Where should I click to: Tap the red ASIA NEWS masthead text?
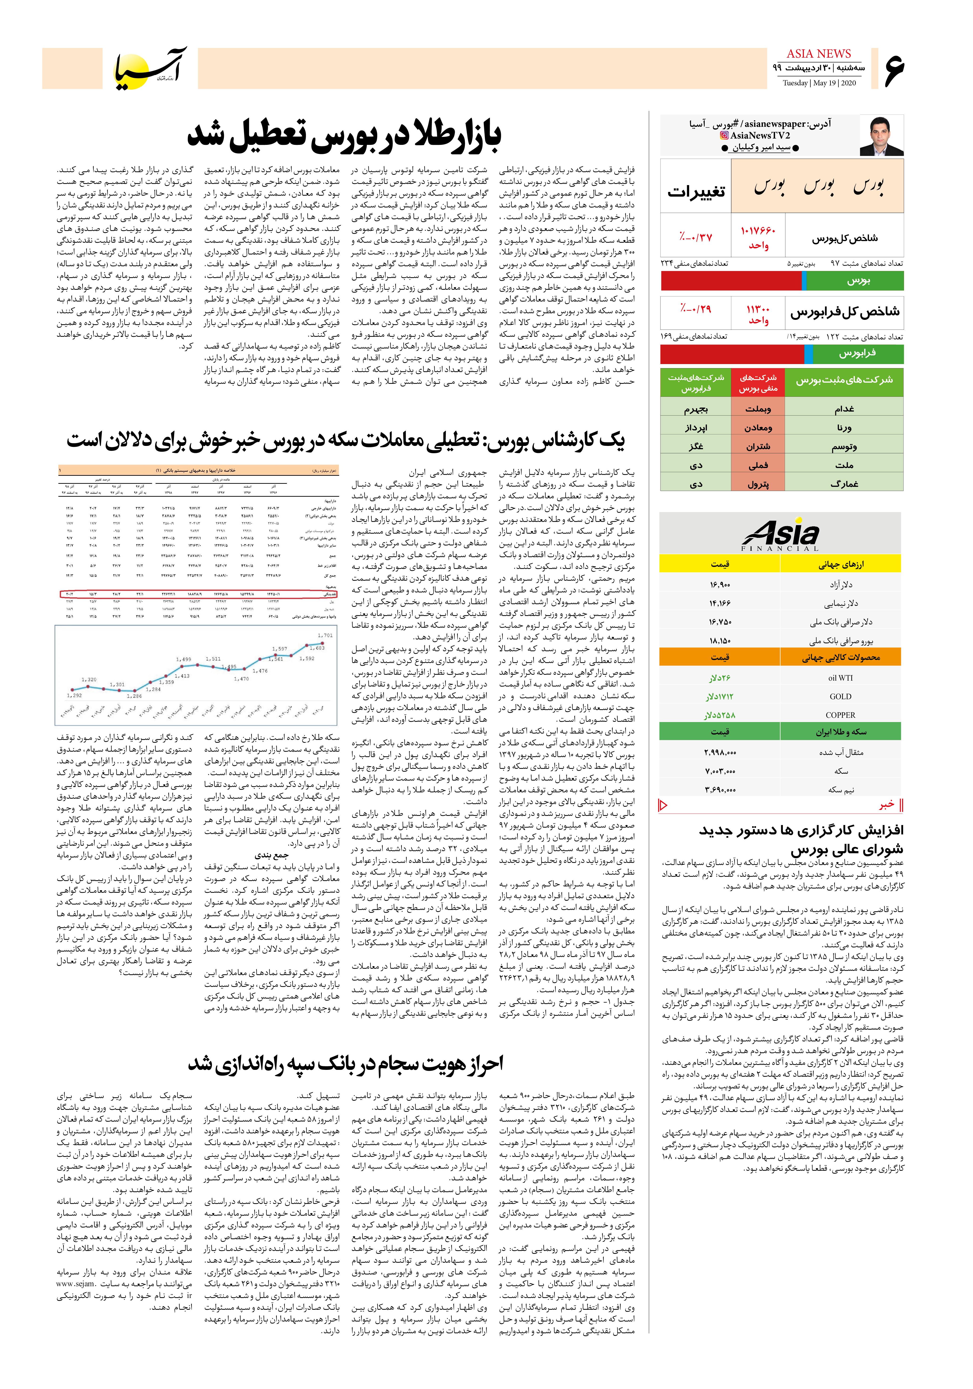click(x=819, y=54)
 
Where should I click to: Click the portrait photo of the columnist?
click(x=882, y=137)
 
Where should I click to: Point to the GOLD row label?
click(x=840, y=696)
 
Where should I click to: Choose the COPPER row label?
click(x=840, y=715)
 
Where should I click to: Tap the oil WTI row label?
click(x=840, y=678)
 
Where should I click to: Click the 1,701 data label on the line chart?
click(x=325, y=635)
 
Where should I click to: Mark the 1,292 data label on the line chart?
click(x=74, y=695)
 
